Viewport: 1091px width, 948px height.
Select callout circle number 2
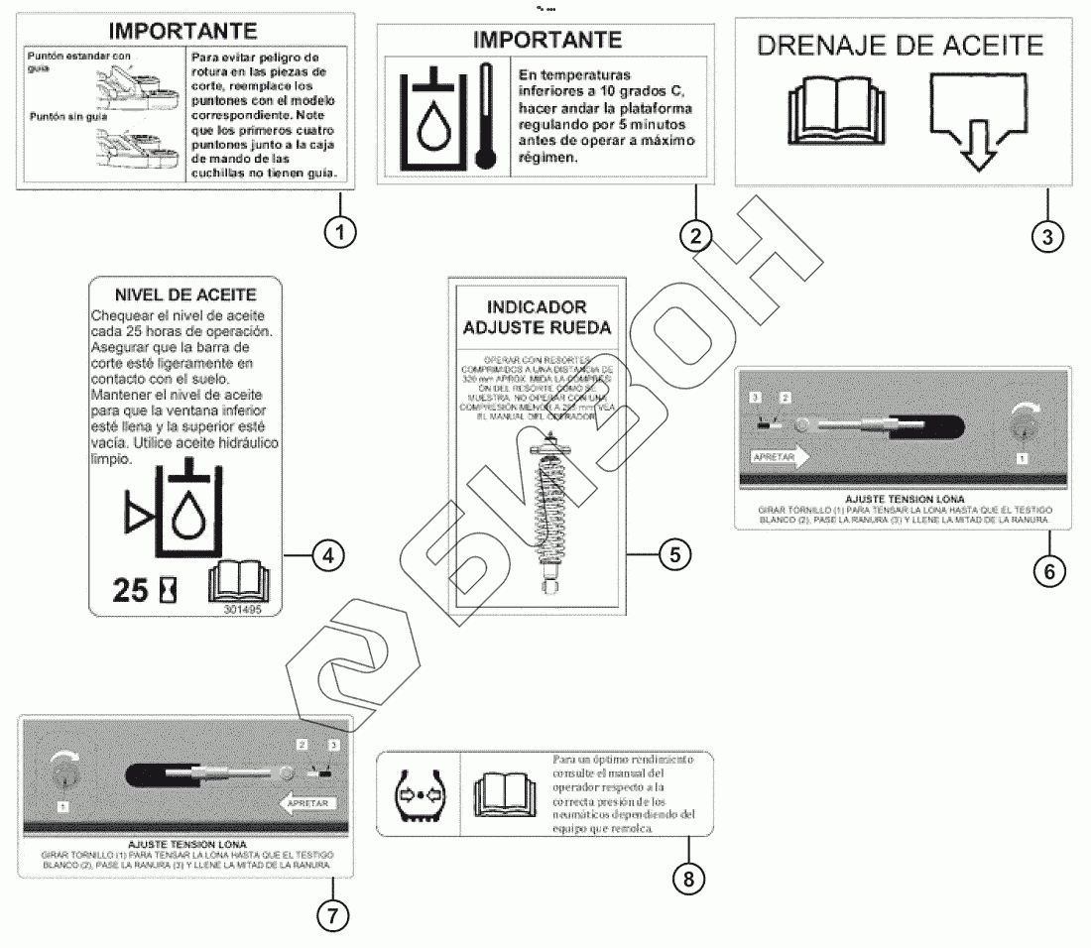tap(695, 234)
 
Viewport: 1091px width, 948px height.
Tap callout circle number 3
tap(1047, 235)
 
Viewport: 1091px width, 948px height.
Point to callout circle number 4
tap(328, 556)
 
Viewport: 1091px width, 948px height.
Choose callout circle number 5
tap(674, 554)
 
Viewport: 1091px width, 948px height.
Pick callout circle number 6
tap(1049, 569)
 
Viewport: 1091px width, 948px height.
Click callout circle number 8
tap(688, 877)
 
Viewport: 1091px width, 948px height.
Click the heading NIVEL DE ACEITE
tap(185, 295)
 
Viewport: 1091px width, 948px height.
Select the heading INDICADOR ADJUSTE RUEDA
tap(538, 317)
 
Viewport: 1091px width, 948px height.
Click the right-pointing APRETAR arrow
tap(781, 456)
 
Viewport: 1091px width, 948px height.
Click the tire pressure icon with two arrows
tap(417, 793)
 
